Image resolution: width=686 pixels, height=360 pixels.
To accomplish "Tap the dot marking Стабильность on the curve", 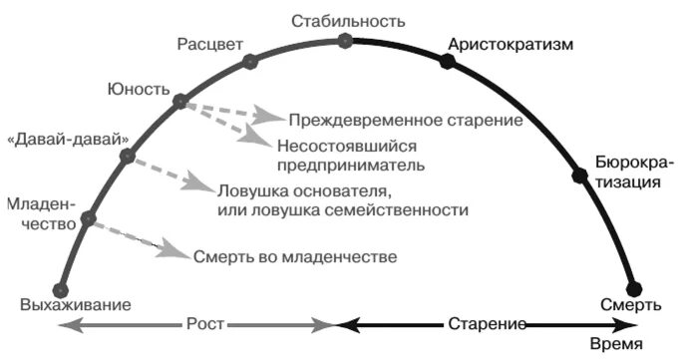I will [x=345, y=41].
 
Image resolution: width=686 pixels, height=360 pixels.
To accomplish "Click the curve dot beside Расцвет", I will [x=249, y=63].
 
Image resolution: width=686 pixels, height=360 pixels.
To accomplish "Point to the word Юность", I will [x=134, y=89].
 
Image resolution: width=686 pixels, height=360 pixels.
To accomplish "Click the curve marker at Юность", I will [x=179, y=101].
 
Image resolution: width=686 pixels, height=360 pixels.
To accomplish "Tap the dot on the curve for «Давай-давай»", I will [x=127, y=156].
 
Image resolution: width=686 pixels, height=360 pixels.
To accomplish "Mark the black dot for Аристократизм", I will [x=447, y=62].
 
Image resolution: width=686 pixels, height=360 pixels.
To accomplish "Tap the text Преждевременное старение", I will [x=405, y=121].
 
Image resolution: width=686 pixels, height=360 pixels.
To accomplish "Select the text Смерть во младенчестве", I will [x=296, y=256].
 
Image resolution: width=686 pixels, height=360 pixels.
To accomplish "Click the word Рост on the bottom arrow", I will [x=205, y=325].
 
